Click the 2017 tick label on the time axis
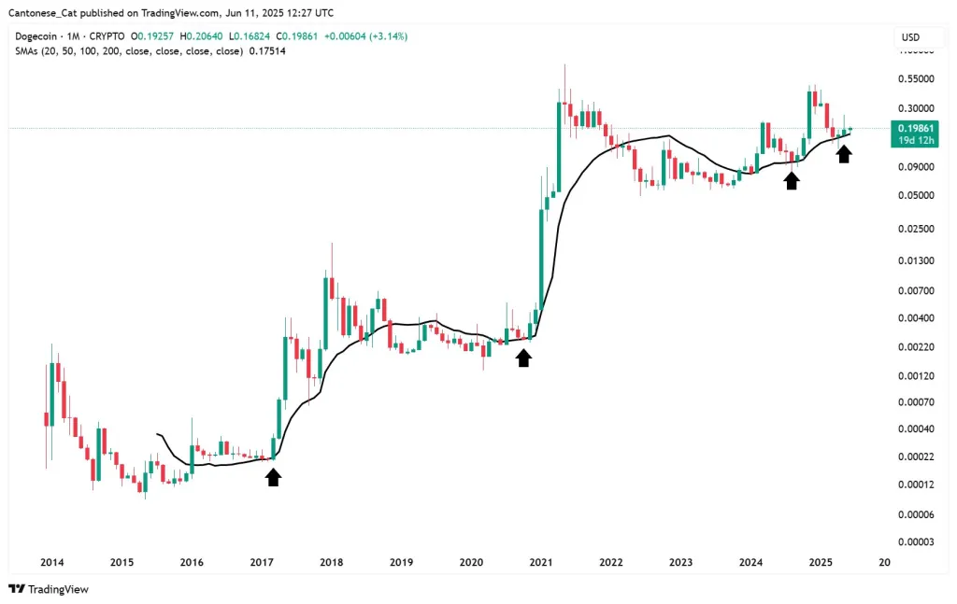[262, 563]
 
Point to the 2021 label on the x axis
[541, 563]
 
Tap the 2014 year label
[52, 563]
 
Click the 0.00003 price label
[915, 542]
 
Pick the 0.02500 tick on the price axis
[915, 229]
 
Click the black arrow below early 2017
[273, 477]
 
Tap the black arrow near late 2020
[523, 358]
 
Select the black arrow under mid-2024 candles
[792, 180]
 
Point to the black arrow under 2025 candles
[844, 154]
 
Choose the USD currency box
[909, 37]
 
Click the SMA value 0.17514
[266, 50]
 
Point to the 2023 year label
[680, 563]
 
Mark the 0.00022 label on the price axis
[915, 456]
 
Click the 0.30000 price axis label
[915, 107]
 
